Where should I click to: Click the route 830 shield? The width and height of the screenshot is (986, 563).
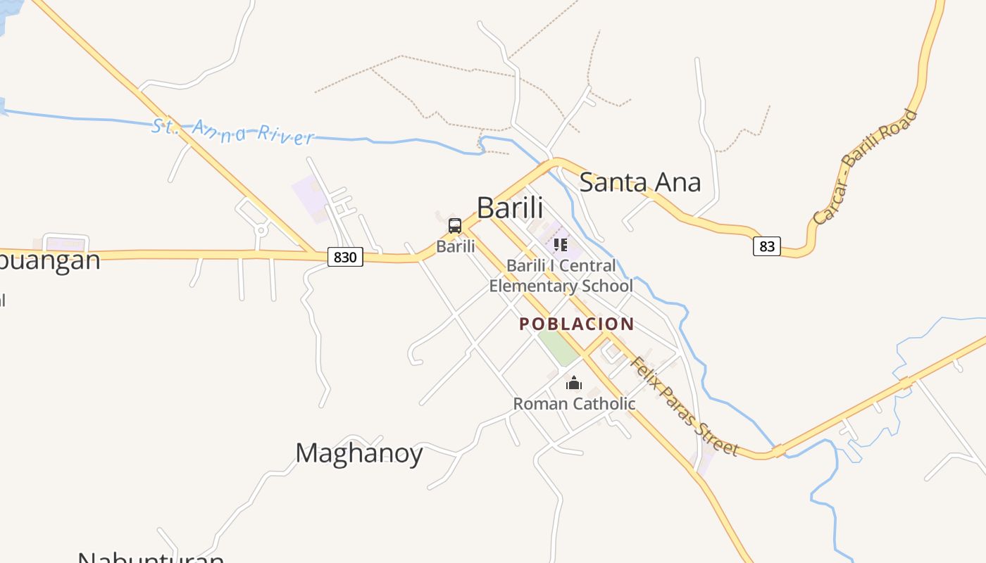(x=345, y=257)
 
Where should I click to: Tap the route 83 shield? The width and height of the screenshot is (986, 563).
(x=767, y=246)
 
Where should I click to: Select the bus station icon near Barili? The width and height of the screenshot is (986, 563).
(x=455, y=226)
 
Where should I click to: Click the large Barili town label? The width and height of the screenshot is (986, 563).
(x=510, y=208)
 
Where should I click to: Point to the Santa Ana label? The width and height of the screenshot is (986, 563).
(x=639, y=182)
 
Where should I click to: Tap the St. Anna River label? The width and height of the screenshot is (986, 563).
(x=233, y=132)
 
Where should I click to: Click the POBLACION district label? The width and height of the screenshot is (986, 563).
(x=577, y=324)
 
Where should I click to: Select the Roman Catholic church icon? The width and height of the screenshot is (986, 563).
(x=574, y=383)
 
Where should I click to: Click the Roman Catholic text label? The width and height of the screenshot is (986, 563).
(x=574, y=404)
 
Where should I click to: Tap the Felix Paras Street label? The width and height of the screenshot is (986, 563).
(x=683, y=407)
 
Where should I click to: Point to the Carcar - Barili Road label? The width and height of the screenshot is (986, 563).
(x=866, y=167)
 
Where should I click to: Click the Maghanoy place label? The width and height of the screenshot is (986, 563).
(x=358, y=453)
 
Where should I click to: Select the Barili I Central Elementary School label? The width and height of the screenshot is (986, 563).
(x=561, y=276)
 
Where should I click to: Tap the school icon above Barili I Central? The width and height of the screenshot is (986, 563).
(x=560, y=245)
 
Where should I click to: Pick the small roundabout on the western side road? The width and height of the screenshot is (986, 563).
(x=261, y=229)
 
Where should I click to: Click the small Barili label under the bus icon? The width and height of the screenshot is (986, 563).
(x=456, y=246)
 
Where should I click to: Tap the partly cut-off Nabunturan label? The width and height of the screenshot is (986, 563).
(x=151, y=557)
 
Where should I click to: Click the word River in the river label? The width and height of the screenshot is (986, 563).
(x=285, y=134)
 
